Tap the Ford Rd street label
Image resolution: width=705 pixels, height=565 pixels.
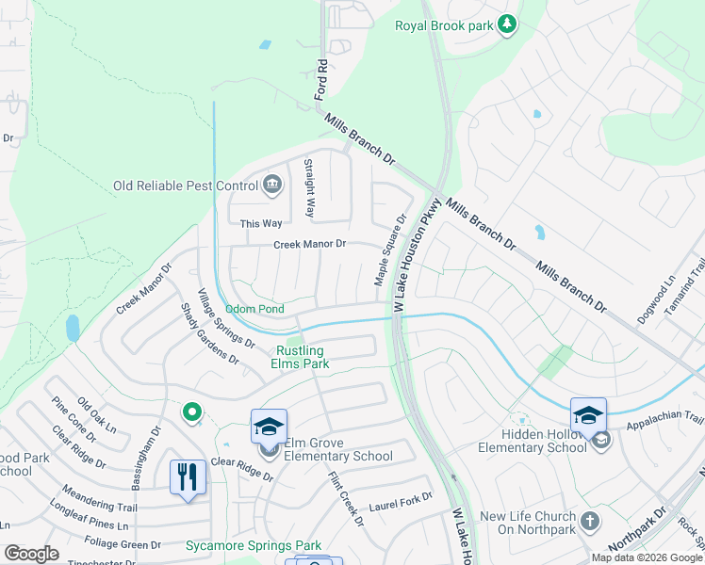point(321,80)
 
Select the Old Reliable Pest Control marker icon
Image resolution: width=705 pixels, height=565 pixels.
point(273,183)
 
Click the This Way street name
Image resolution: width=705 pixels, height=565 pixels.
point(261,223)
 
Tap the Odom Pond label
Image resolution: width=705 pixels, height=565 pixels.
point(254,309)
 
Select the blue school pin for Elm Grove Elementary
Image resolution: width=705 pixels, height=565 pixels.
point(269,427)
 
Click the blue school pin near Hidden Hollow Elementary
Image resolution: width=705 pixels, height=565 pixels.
point(588,414)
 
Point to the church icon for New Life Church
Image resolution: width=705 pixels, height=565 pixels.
point(589,521)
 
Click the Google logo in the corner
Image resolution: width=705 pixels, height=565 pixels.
point(31,554)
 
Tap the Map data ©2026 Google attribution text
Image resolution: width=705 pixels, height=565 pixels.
point(646,557)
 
